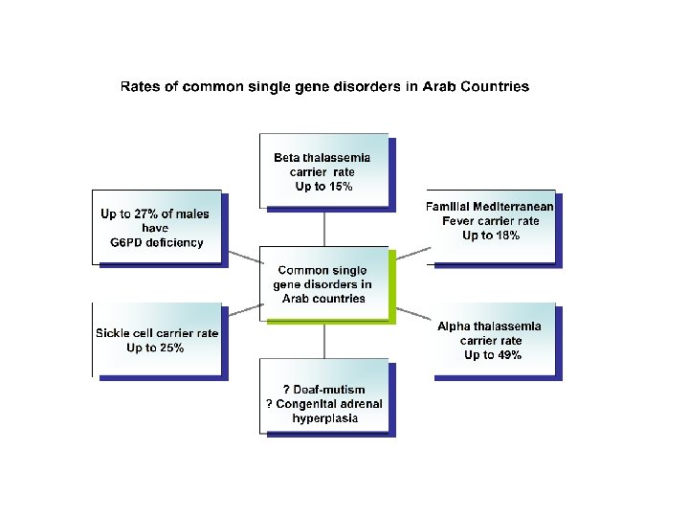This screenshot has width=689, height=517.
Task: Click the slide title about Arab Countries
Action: click(324, 87)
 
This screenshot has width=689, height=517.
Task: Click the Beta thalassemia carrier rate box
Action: click(323, 169)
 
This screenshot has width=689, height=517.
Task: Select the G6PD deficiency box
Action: click(157, 228)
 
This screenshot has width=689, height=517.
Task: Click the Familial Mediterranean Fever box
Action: click(492, 227)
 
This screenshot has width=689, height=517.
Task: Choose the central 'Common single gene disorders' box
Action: click(325, 283)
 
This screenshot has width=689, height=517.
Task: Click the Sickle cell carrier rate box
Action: click(157, 339)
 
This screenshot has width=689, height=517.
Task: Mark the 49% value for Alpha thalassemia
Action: click(507, 355)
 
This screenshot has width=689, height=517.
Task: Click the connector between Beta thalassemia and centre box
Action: click(324, 229)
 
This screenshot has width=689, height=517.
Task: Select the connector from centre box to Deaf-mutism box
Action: click(324, 340)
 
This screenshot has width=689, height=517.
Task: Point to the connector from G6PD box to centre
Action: click(245, 256)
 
